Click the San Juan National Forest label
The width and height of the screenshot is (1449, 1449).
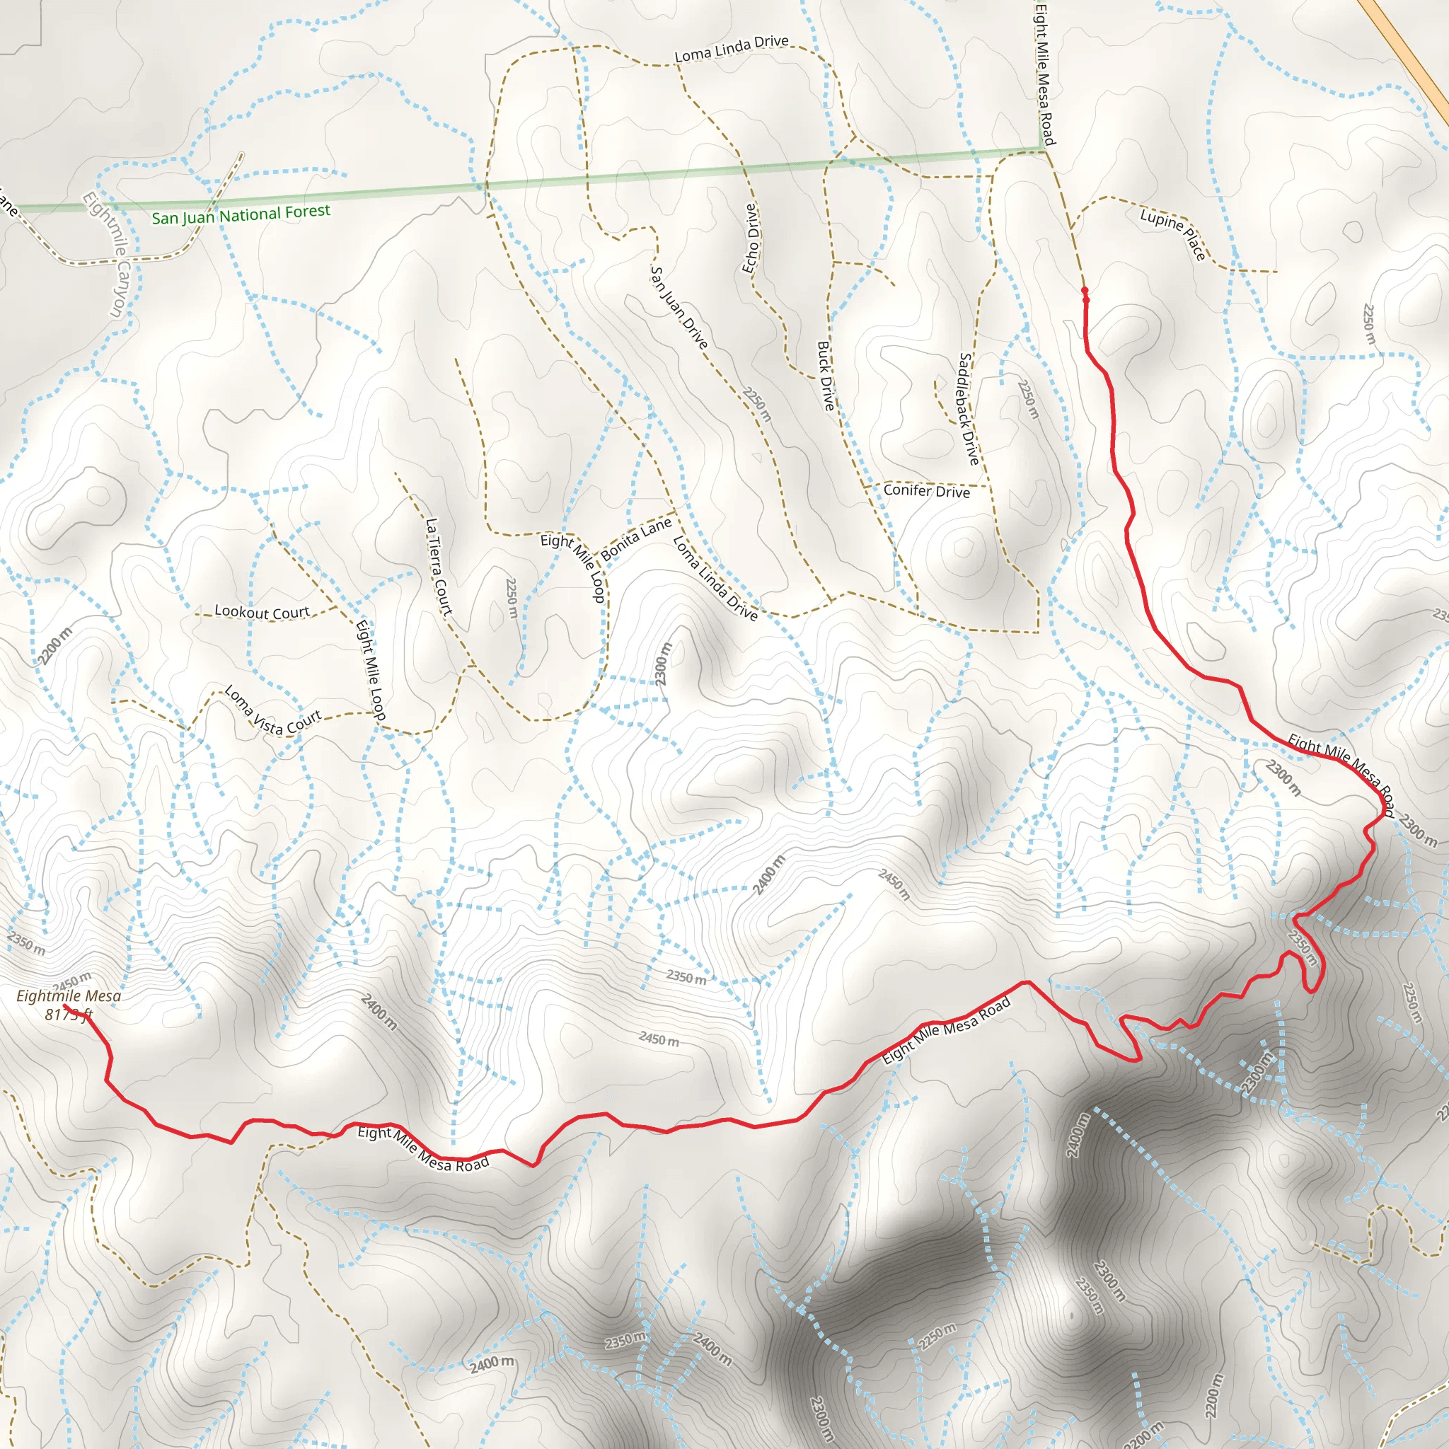(241, 215)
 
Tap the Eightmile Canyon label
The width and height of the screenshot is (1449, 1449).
(108, 255)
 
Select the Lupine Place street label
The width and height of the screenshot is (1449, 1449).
(1173, 235)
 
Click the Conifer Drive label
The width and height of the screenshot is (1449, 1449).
(926, 490)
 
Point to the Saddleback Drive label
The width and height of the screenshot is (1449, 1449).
(969, 409)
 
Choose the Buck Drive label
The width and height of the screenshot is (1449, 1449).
(825, 376)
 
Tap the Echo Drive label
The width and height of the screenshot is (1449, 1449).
(751, 238)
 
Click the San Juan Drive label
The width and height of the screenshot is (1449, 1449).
(679, 308)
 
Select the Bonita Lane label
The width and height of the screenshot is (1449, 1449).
(636, 539)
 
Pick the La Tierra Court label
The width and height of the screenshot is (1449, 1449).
(439, 567)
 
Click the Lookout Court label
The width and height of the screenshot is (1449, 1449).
(262, 612)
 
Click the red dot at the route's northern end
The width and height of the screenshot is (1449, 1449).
(1085, 290)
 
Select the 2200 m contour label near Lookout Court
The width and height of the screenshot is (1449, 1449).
(55, 646)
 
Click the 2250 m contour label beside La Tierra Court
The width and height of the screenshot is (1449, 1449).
(512, 598)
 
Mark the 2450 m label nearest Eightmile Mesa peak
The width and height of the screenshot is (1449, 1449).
(73, 980)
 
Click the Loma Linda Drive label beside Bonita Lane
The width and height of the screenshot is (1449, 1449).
(715, 577)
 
